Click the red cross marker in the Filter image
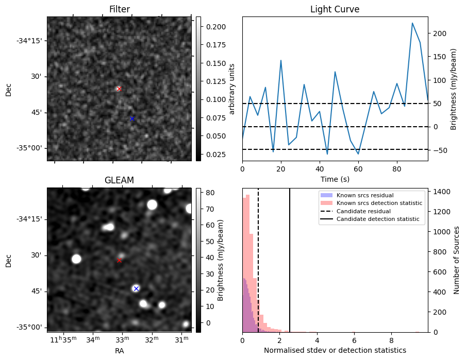[119, 89]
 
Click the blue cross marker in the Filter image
[132, 118]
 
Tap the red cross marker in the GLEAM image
[119, 260]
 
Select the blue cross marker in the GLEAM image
[136, 288]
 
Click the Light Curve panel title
[335, 9]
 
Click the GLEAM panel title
[119, 180]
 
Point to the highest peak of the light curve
[412, 23]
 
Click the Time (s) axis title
[335, 178]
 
